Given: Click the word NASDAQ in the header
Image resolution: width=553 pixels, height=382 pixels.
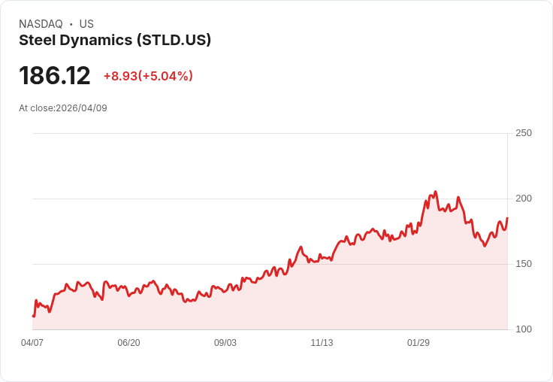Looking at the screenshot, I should pyautogui.click(x=41, y=24).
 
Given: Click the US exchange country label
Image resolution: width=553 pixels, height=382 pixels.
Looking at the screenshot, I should pyautogui.click(x=86, y=24).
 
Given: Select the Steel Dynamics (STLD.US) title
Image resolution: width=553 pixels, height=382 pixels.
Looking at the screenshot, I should pyautogui.click(x=115, y=41).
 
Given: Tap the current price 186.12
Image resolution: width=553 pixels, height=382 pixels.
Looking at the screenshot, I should pyautogui.click(x=55, y=76).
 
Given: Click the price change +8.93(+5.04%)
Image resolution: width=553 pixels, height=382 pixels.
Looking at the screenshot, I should pyautogui.click(x=148, y=76).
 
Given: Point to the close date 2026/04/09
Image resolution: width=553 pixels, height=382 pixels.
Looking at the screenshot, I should pyautogui.click(x=81, y=108).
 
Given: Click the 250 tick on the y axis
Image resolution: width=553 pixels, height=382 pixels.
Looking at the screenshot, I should pyautogui.click(x=524, y=133).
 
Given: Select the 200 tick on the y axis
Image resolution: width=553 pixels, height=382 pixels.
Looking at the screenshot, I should pyautogui.click(x=524, y=199).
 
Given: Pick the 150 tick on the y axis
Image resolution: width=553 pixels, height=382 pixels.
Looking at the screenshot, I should pyautogui.click(x=524, y=264).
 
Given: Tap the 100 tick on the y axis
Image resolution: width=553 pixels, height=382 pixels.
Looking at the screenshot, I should pyautogui.click(x=524, y=329).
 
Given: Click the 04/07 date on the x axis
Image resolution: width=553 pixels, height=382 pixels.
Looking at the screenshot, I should pyautogui.click(x=32, y=343).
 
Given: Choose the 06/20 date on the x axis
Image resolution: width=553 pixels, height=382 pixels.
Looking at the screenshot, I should pyautogui.click(x=128, y=343).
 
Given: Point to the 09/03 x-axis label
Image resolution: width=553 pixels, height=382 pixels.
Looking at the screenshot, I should pyautogui.click(x=225, y=343).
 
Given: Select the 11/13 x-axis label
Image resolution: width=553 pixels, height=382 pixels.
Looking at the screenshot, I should pyautogui.click(x=322, y=343).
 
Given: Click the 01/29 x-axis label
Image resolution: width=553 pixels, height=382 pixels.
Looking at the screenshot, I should pyautogui.click(x=419, y=343).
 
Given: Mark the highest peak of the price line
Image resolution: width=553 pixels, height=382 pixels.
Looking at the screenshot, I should pyautogui.click(x=435, y=193).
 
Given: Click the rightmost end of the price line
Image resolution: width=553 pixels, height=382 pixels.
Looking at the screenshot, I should pyautogui.click(x=507, y=218).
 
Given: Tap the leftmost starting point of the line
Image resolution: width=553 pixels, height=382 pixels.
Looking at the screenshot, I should pyautogui.click(x=33, y=316).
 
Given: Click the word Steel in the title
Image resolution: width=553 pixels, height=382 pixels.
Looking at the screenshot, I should pyautogui.click(x=35, y=41).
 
